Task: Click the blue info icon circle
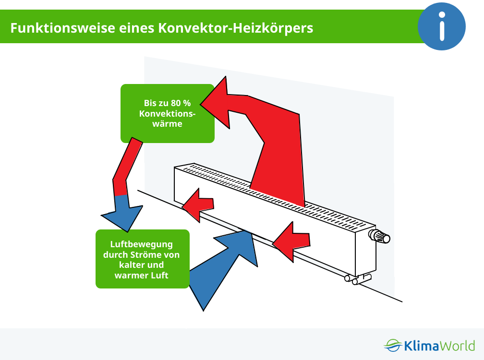pos(441,26)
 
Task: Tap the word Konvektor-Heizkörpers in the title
pos(235,28)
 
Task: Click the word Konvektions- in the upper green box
pos(167,114)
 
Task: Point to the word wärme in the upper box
pos(167,124)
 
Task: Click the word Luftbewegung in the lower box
pos(141,244)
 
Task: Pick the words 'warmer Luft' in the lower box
pos(141,275)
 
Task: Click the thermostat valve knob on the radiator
pos(380,236)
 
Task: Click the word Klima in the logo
pos(422,346)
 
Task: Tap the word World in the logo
pos(457,346)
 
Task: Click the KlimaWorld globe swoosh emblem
pos(393,345)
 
